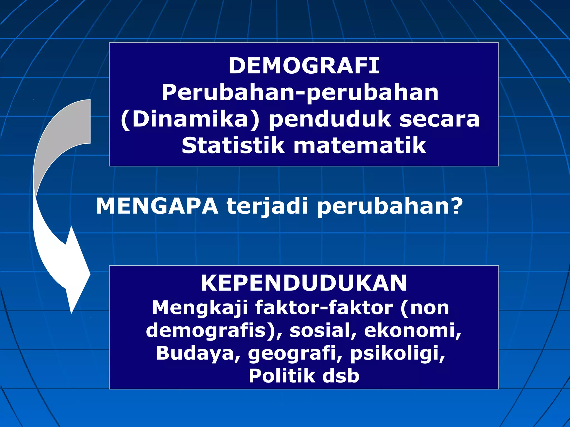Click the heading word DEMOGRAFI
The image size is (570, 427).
pyautogui.click(x=304, y=66)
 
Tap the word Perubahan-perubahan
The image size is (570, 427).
pyautogui.click(x=300, y=93)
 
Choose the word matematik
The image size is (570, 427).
pyautogui.click(x=360, y=146)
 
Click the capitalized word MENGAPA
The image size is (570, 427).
pyautogui.click(x=157, y=206)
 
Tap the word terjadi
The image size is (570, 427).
pyautogui.click(x=267, y=206)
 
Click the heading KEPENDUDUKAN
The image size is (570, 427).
pyautogui.click(x=304, y=283)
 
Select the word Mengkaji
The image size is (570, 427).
pyautogui.click(x=200, y=308)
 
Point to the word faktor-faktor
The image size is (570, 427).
pyautogui.click(x=324, y=308)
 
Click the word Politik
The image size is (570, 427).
pyautogui.click(x=281, y=376)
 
